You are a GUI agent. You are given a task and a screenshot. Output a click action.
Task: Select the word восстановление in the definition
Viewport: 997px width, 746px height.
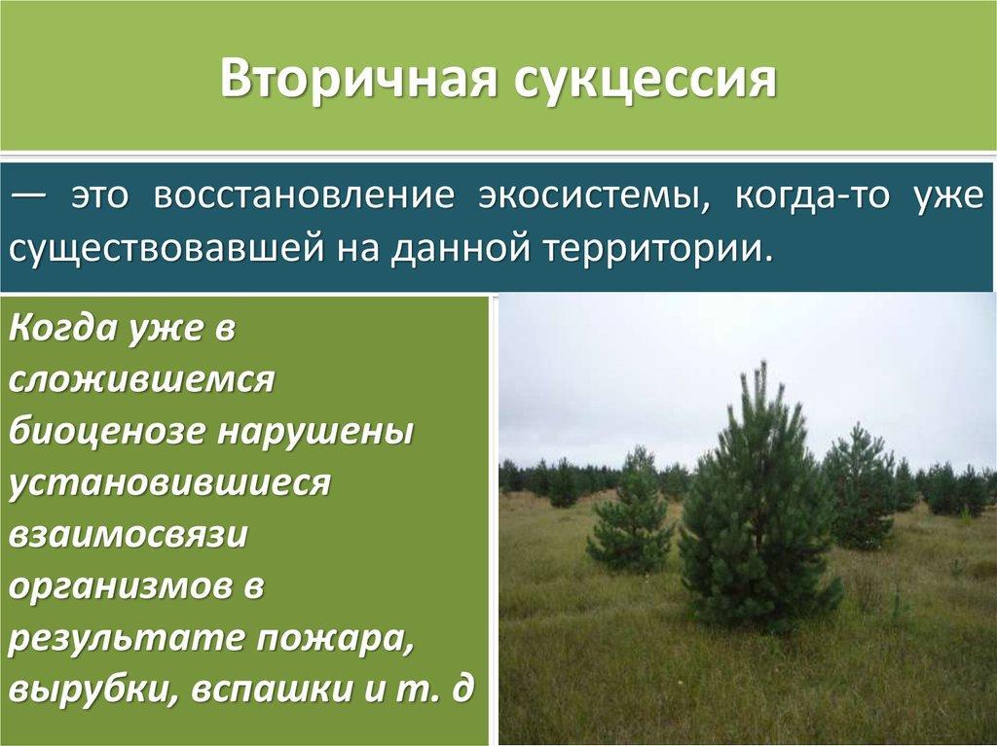pyautogui.click(x=304, y=195)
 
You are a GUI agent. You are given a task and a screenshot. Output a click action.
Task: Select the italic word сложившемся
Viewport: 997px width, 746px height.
pyautogui.click(x=141, y=380)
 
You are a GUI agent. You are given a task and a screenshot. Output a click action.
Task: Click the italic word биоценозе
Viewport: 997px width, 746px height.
pyautogui.click(x=107, y=432)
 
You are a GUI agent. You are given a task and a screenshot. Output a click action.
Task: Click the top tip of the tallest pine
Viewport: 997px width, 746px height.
pyautogui.click(x=761, y=362)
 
